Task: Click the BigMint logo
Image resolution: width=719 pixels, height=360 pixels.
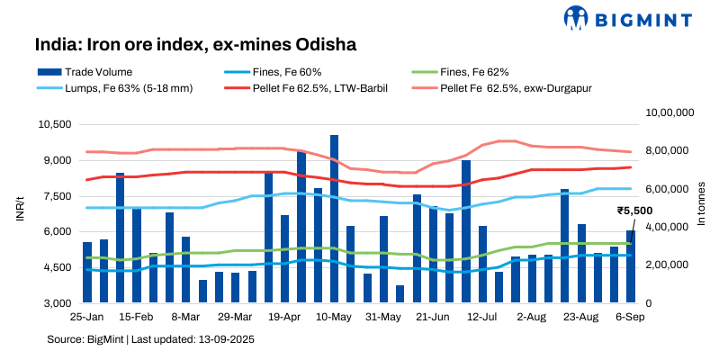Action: coord(630,17)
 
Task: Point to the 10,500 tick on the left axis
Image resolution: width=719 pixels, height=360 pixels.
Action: coord(51,124)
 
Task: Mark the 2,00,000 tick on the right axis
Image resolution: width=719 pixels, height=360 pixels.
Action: coord(671,265)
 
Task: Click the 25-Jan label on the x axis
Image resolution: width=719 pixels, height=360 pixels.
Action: coord(85,318)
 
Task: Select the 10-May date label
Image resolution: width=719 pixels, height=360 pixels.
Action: coord(333,318)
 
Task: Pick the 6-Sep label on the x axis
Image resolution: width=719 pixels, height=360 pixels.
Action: coord(630,318)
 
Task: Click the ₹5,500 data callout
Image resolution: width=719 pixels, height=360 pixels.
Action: coord(634,210)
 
